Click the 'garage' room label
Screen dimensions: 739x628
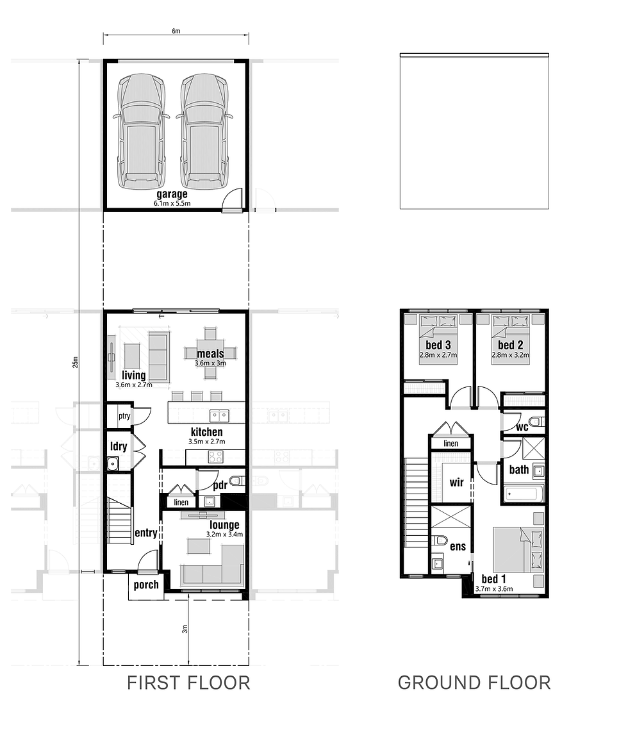[x=172, y=194]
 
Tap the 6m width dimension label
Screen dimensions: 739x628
[x=176, y=30]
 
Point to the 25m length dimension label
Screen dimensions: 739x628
[x=75, y=361]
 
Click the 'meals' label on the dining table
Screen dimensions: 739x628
[x=210, y=353]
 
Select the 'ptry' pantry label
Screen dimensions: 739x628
[x=124, y=416]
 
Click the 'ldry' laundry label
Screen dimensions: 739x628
[x=118, y=445]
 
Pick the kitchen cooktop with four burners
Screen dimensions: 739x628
[x=216, y=457]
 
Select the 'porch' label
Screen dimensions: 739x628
[x=146, y=585]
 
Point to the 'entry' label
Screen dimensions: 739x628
[x=146, y=533]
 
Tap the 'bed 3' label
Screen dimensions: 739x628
[x=439, y=345]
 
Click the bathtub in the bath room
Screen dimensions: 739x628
[x=524, y=494]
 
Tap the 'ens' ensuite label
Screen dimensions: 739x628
[x=458, y=547]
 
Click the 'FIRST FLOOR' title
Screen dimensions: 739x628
[x=188, y=683]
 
